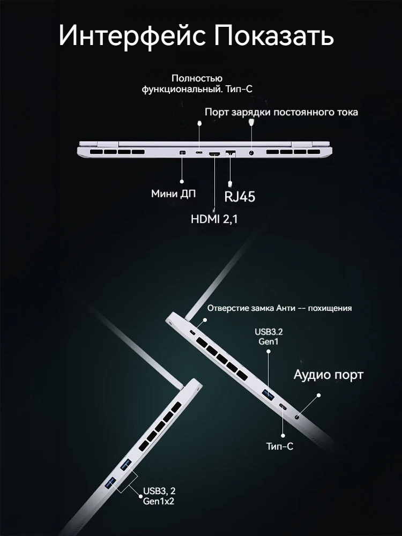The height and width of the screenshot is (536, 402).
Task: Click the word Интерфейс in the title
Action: [132, 35]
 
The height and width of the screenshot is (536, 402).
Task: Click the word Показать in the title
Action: [274, 35]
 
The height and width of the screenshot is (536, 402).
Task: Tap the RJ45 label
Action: [240, 197]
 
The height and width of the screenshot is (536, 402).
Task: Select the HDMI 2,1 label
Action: [214, 219]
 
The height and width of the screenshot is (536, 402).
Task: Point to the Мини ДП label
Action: [174, 194]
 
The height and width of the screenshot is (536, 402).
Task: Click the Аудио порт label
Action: [329, 375]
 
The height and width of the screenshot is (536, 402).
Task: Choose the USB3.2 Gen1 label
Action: [269, 337]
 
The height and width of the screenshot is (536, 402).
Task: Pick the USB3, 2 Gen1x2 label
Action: [159, 496]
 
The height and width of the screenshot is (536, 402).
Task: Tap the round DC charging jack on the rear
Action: [251, 153]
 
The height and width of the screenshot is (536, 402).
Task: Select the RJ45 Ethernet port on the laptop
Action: [230, 153]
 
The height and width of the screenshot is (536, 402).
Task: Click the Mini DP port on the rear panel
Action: [182, 153]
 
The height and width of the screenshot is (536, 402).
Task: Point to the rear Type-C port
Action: [199, 152]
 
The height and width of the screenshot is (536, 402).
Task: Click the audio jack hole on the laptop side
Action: [297, 416]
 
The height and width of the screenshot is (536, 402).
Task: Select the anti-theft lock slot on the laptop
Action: [193, 332]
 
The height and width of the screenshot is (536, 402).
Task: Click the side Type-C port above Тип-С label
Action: [284, 407]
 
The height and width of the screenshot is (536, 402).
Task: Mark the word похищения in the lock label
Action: [330, 308]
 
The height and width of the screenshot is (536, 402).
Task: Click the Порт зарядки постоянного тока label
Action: [281, 112]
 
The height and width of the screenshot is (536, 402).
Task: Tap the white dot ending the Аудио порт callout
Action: [318, 395]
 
